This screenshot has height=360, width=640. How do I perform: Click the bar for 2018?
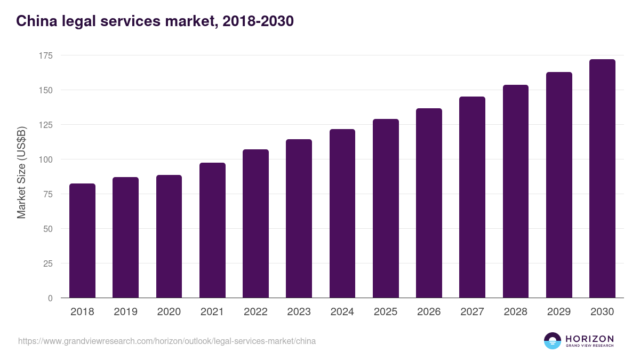coord(82,241)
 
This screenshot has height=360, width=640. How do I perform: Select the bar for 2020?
coord(169,236)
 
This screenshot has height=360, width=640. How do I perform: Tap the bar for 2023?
coord(299,219)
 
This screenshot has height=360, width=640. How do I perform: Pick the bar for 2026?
coord(429,203)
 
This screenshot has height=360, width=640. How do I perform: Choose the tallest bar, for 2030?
coord(602,179)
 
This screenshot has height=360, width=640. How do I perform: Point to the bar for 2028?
coord(515,191)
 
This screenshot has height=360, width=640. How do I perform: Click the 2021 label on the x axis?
coord(212,312)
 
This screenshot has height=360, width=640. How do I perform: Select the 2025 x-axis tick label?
coord(386,312)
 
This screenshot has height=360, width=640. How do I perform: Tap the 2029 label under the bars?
coord(559,312)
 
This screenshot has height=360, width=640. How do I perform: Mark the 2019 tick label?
coord(125,312)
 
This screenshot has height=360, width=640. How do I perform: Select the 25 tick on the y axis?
coord(48,263)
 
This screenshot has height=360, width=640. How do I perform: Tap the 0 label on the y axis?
coord(50,298)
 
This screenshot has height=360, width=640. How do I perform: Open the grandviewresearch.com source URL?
coord(167,341)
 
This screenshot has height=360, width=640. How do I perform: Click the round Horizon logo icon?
coord(552,341)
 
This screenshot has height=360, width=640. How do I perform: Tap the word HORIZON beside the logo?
coord(589,338)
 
